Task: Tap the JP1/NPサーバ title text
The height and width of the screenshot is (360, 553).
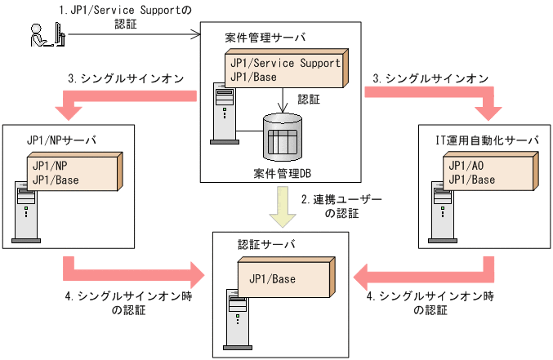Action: tap(61, 140)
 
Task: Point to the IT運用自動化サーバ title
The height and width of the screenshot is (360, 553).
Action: tap(486, 140)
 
